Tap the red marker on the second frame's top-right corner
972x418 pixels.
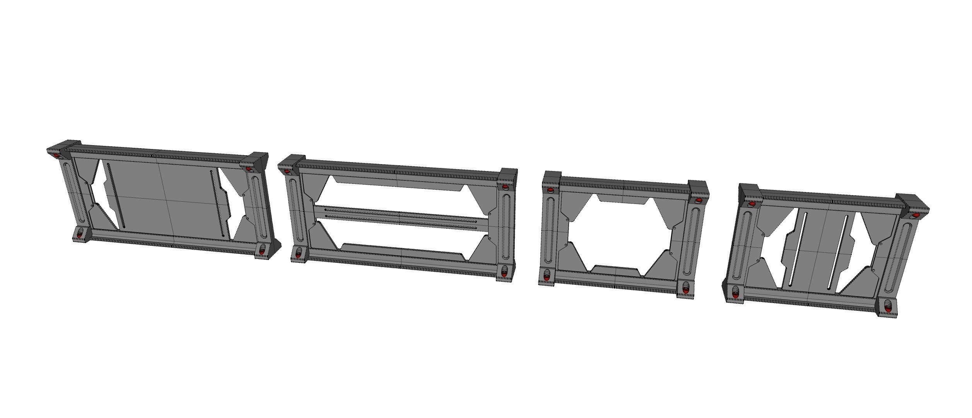click(505, 187)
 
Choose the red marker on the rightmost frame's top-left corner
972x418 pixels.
click(752, 204)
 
